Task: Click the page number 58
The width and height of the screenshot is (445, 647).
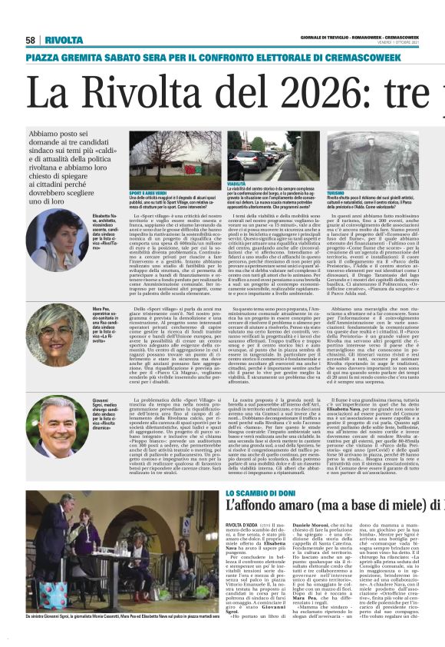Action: (x=31, y=40)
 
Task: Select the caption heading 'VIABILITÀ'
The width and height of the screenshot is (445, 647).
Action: (x=239, y=184)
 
